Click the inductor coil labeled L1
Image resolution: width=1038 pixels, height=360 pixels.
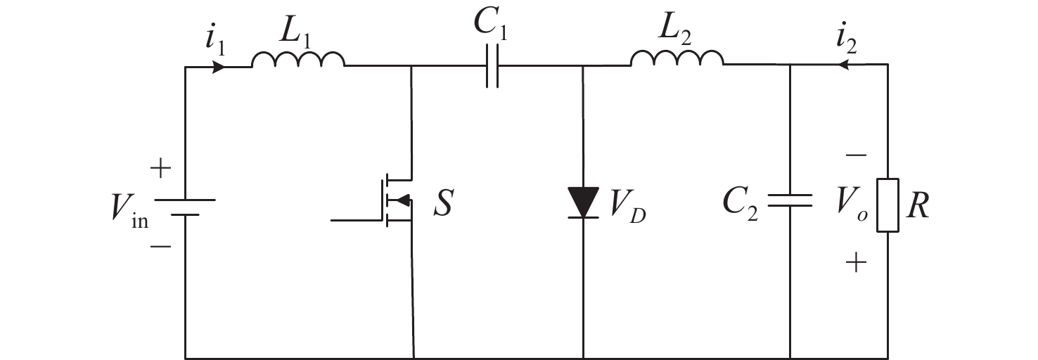pos(298,60)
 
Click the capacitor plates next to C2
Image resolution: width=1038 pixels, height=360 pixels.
pos(790,201)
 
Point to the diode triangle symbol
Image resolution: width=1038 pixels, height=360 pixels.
pos(583,202)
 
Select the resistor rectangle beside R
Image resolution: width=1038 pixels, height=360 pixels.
pos(887,205)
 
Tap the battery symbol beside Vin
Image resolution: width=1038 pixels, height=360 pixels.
pos(185,205)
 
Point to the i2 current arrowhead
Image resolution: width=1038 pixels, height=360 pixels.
pos(841,65)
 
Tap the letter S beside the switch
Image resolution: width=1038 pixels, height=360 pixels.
pos(444,202)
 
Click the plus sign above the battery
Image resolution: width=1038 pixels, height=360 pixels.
pos(160,168)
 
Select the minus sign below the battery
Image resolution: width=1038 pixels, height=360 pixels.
pos(160,246)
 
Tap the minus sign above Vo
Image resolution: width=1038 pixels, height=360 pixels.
pos(856,155)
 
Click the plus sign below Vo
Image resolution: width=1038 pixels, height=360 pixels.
pos(856,263)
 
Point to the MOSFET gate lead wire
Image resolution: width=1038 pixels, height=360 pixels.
pos(356,220)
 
